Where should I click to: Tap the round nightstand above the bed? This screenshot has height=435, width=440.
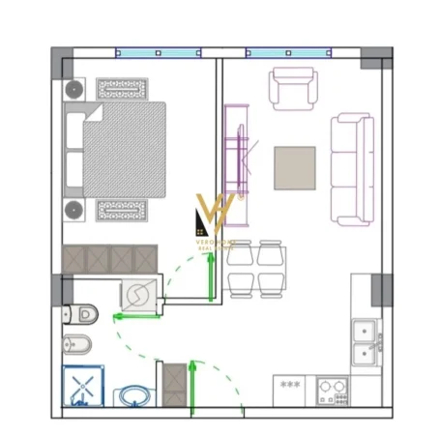tap(73, 89)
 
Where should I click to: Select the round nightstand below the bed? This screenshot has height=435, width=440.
tap(73, 211)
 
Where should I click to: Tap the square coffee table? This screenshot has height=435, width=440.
tap(294, 167)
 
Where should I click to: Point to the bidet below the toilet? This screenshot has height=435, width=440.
tap(77, 344)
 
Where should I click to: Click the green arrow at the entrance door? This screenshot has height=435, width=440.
tap(193, 382)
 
